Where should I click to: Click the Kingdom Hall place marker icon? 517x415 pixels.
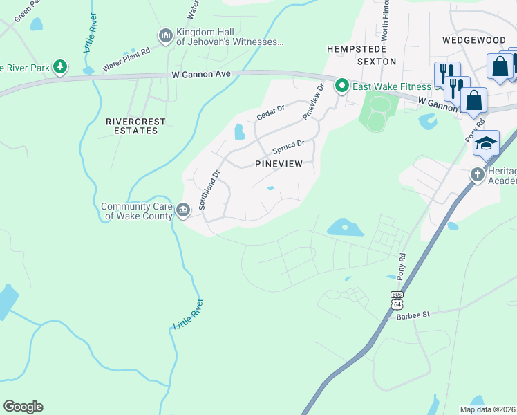[x=165, y=35]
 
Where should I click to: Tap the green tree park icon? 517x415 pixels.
[x=62, y=66]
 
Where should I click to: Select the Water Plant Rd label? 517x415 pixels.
[x=126, y=60]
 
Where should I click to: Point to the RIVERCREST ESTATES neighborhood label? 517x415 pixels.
[x=136, y=126]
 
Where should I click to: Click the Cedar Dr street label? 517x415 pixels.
[x=270, y=113]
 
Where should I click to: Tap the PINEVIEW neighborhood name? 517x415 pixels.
[x=279, y=164]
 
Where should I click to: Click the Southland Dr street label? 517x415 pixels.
[x=209, y=191]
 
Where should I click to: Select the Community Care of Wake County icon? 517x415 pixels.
[x=183, y=210]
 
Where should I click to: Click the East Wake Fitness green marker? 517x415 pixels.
[x=341, y=86]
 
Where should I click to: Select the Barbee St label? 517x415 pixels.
[x=413, y=314]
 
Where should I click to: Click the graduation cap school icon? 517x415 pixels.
[x=486, y=143]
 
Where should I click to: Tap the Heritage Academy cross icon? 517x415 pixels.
[x=478, y=175]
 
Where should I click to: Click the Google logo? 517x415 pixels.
[x=23, y=407]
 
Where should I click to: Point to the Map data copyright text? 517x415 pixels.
[x=487, y=409]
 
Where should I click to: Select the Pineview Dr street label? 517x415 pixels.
[x=312, y=102]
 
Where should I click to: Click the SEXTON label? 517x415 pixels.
[x=377, y=62]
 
